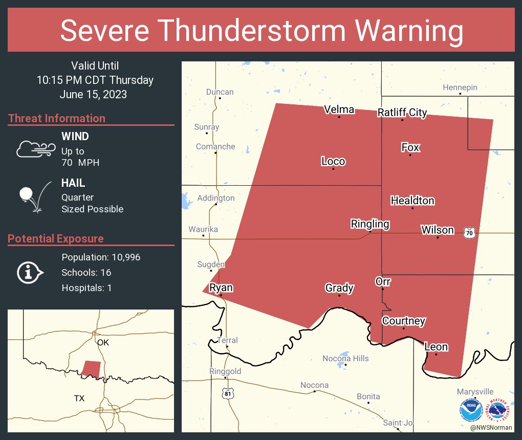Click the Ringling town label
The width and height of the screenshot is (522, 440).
pos(369,224)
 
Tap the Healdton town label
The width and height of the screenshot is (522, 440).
pos(412,201)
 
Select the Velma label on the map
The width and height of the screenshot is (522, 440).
pos(339,109)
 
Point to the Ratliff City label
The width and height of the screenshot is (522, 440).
pos(402,113)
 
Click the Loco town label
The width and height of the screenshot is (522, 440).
pos(333,162)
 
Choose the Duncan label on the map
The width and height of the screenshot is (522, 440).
pos(220,92)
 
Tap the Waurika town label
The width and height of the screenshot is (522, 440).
pos(203,229)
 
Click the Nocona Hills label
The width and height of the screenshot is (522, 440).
pos(345,358)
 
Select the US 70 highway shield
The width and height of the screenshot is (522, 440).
pos(469,233)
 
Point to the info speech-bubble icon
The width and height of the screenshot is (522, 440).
pos(30,272)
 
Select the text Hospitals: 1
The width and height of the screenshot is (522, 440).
pos(86,288)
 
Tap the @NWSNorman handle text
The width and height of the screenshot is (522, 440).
pos(491,427)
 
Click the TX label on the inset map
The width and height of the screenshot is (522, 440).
pos(79,398)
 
